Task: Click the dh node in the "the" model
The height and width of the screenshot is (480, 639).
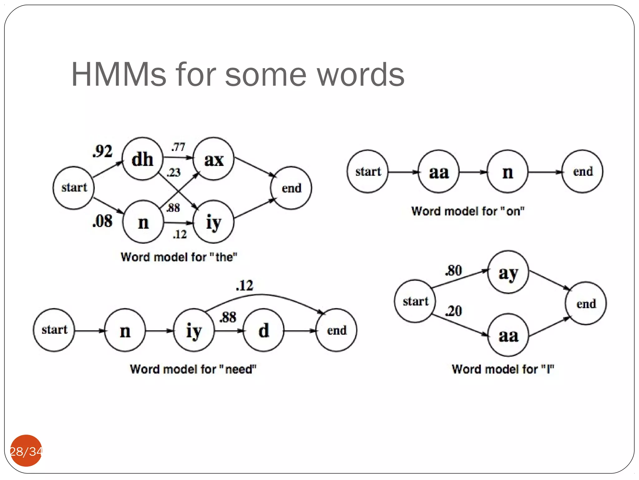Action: click(x=143, y=159)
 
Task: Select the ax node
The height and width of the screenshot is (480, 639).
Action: click(x=214, y=159)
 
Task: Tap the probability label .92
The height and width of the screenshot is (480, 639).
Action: click(x=102, y=151)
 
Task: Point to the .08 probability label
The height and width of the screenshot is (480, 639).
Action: click(x=102, y=221)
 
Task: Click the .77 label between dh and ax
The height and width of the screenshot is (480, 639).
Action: click(x=178, y=147)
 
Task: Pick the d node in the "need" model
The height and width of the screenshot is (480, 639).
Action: click(x=264, y=330)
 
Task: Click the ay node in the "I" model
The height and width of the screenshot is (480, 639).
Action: click(x=508, y=272)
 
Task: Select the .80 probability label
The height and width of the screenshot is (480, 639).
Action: click(x=454, y=271)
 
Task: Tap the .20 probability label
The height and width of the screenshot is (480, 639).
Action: click(x=454, y=311)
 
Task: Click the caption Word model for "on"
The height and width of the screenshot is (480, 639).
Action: click(x=468, y=211)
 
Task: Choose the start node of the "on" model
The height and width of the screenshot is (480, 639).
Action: click(x=368, y=172)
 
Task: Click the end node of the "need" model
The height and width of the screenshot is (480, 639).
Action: click(x=337, y=330)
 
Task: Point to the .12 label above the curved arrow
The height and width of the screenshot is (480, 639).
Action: click(x=245, y=286)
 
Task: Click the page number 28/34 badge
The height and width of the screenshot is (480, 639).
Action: click(x=26, y=451)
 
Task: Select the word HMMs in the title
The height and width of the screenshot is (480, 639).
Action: click(x=119, y=75)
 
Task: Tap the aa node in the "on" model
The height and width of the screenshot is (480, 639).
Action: click(x=439, y=172)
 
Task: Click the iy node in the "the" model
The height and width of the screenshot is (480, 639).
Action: click(x=214, y=222)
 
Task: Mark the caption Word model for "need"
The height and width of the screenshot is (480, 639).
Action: click(x=193, y=369)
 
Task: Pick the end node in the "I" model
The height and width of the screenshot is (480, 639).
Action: click(x=586, y=303)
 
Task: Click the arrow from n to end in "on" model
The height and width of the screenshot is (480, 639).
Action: click(x=544, y=172)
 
